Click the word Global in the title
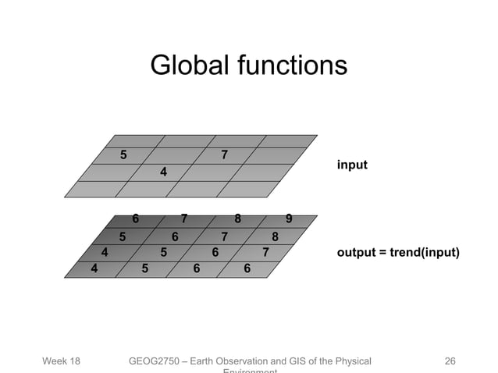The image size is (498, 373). click(x=186, y=66)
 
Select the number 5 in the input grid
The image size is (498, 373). click(x=123, y=155)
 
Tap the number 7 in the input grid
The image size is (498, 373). click(x=225, y=155)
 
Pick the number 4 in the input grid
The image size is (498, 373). click(x=163, y=171)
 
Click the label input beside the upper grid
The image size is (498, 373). click(x=352, y=165)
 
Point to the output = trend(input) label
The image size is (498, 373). click(x=398, y=253)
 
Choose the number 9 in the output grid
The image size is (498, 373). click(x=290, y=218)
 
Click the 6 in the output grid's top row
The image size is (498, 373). click(x=136, y=218)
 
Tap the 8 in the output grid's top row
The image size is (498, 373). click(x=238, y=218)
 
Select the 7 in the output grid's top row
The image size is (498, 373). click(x=185, y=218)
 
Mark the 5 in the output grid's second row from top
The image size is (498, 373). click(x=123, y=236)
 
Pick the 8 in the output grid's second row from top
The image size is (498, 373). click(x=275, y=236)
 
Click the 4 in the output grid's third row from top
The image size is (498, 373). click(x=105, y=252)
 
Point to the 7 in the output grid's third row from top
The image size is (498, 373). click(x=266, y=252)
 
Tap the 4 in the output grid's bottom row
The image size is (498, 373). click(x=94, y=268)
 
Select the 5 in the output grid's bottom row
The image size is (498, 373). click(x=145, y=268)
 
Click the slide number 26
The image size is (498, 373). click(x=450, y=361)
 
